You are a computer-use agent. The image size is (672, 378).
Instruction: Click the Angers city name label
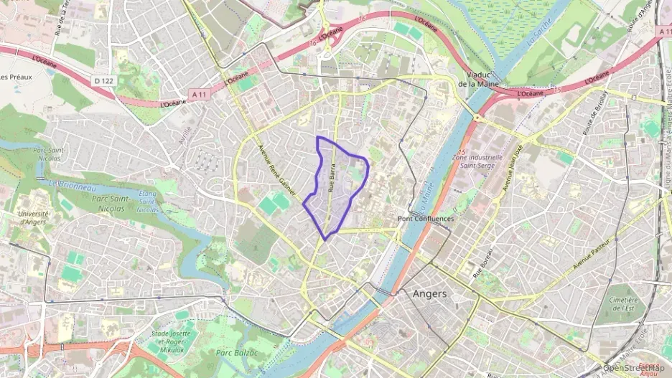[429, 294]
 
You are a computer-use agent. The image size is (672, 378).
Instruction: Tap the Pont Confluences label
[426, 218]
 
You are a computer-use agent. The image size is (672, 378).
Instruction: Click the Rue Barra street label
[332, 180]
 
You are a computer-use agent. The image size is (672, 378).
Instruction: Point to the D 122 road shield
[103, 80]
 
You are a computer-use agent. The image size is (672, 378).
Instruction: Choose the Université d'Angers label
[33, 217]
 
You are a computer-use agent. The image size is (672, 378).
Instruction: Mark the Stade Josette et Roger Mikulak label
[171, 341]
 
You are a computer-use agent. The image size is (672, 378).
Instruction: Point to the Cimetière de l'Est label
[619, 303]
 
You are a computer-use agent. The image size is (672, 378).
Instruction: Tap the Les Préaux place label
[14, 77]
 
